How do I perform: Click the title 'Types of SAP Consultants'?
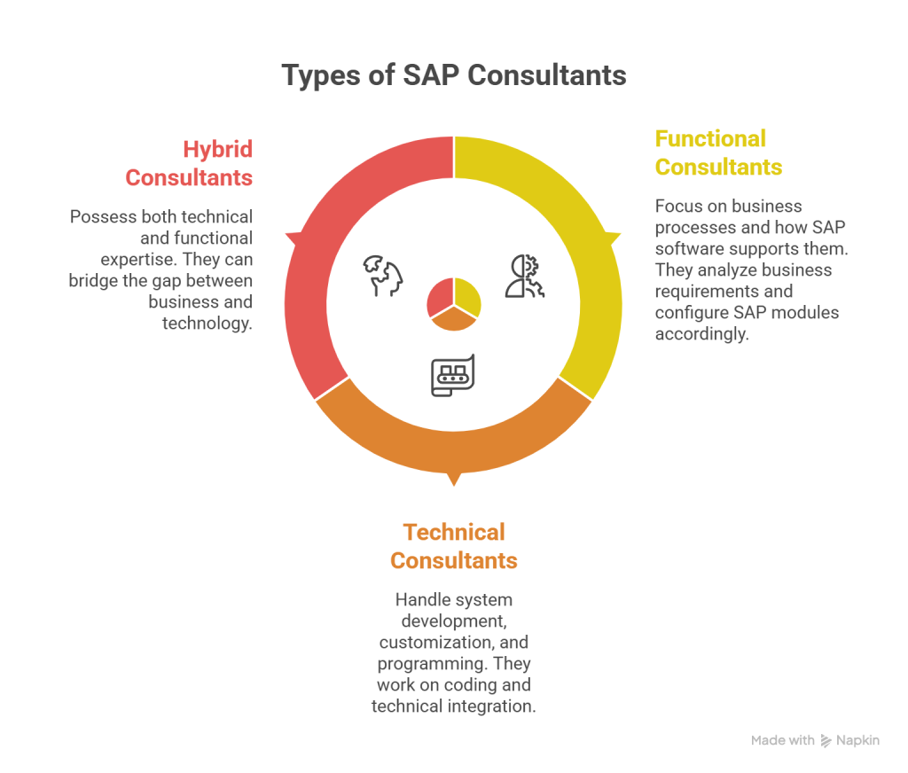[454, 75]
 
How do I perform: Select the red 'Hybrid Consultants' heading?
[189, 163]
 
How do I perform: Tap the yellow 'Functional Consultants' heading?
[718, 152]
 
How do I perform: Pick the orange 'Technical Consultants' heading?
[454, 546]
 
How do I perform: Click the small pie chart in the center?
[454, 303]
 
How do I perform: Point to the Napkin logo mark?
[826, 740]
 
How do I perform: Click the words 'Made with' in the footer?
[782, 740]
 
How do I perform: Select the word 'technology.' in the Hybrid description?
[207, 324]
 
